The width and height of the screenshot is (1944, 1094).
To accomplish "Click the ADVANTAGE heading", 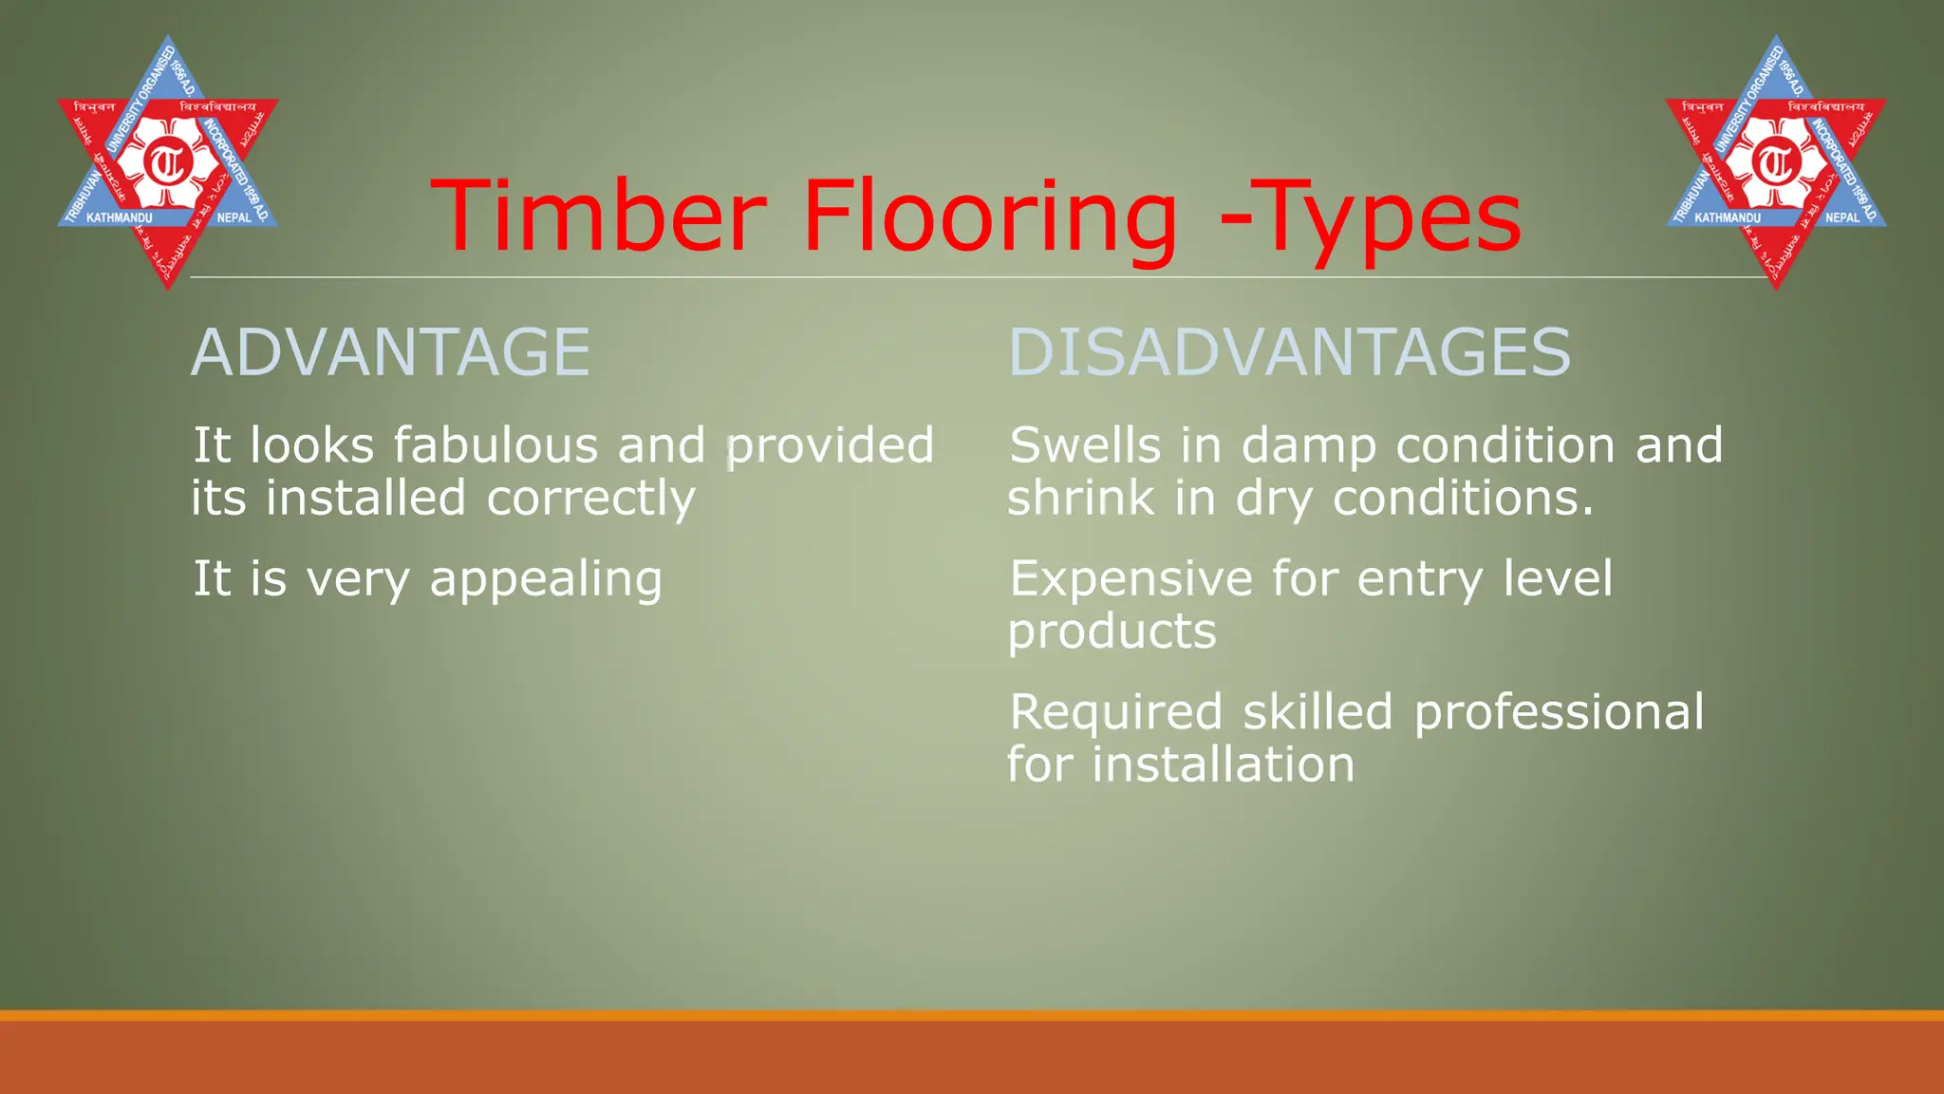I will click(390, 352).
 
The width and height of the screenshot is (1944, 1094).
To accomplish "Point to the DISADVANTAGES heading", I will click(1289, 352).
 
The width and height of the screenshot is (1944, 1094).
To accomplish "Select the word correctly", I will click(590, 499).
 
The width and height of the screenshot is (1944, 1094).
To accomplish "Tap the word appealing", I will click(546, 579).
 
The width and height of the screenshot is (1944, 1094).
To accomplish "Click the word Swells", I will click(1085, 445).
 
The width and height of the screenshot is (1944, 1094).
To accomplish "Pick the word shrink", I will click(1080, 498).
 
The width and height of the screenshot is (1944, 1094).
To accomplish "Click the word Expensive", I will click(1131, 579).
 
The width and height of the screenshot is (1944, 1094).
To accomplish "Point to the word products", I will click(1112, 632).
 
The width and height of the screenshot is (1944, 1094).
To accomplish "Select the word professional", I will click(1559, 713).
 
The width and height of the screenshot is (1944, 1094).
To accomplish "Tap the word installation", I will click(1223, 764).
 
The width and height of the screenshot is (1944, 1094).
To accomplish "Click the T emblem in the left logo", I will click(168, 163).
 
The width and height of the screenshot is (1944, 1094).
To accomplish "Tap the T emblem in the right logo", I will click(1775, 163).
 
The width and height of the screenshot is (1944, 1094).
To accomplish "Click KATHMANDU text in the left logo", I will click(119, 218).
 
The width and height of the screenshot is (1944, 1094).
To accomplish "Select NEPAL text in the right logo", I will click(1841, 217).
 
